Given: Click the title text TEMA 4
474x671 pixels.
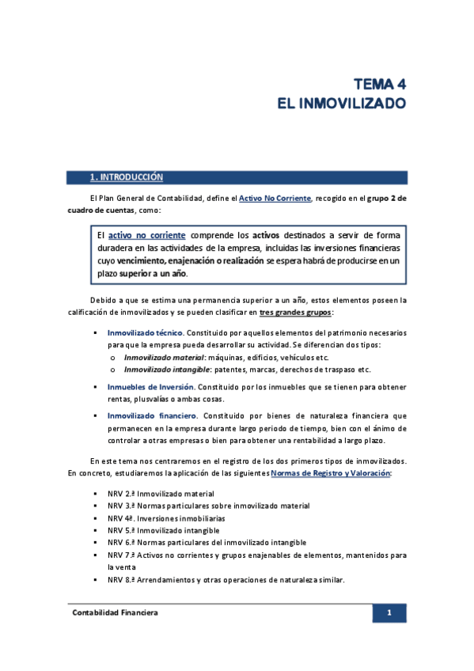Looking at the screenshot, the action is tap(379, 84).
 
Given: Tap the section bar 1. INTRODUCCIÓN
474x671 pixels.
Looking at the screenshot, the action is tap(127, 177).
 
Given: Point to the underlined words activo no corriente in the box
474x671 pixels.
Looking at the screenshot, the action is tap(148, 236).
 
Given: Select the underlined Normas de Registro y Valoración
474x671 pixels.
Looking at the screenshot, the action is tap(330, 472).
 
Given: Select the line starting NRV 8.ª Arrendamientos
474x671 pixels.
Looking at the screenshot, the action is tap(226, 580).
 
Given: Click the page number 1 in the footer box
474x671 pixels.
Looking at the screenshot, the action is tap(389, 613).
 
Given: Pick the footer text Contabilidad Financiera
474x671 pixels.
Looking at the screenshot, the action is tap(115, 613).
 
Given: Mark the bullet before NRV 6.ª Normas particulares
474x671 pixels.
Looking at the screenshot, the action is tap(96, 543).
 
